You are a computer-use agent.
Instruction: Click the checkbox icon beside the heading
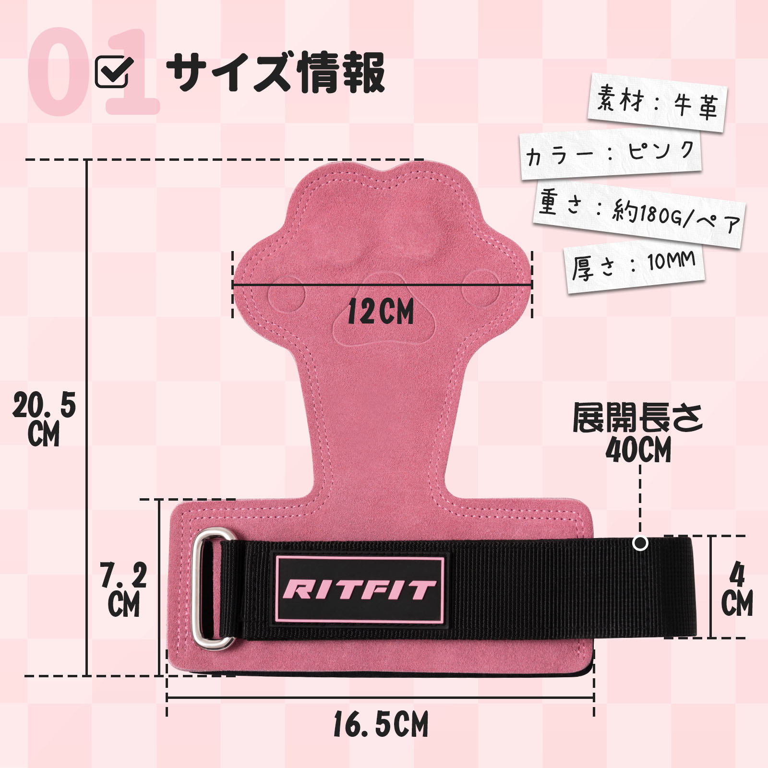(x=114, y=72)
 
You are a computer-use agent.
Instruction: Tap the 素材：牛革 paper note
(x=657, y=103)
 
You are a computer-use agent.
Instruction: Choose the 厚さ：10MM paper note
(x=635, y=266)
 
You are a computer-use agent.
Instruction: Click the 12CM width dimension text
(x=380, y=312)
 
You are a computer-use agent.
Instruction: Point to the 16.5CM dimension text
(x=381, y=724)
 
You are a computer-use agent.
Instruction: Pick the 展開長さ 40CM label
(x=638, y=432)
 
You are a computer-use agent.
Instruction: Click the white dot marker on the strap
(x=640, y=543)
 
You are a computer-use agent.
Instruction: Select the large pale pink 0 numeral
(x=60, y=72)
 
